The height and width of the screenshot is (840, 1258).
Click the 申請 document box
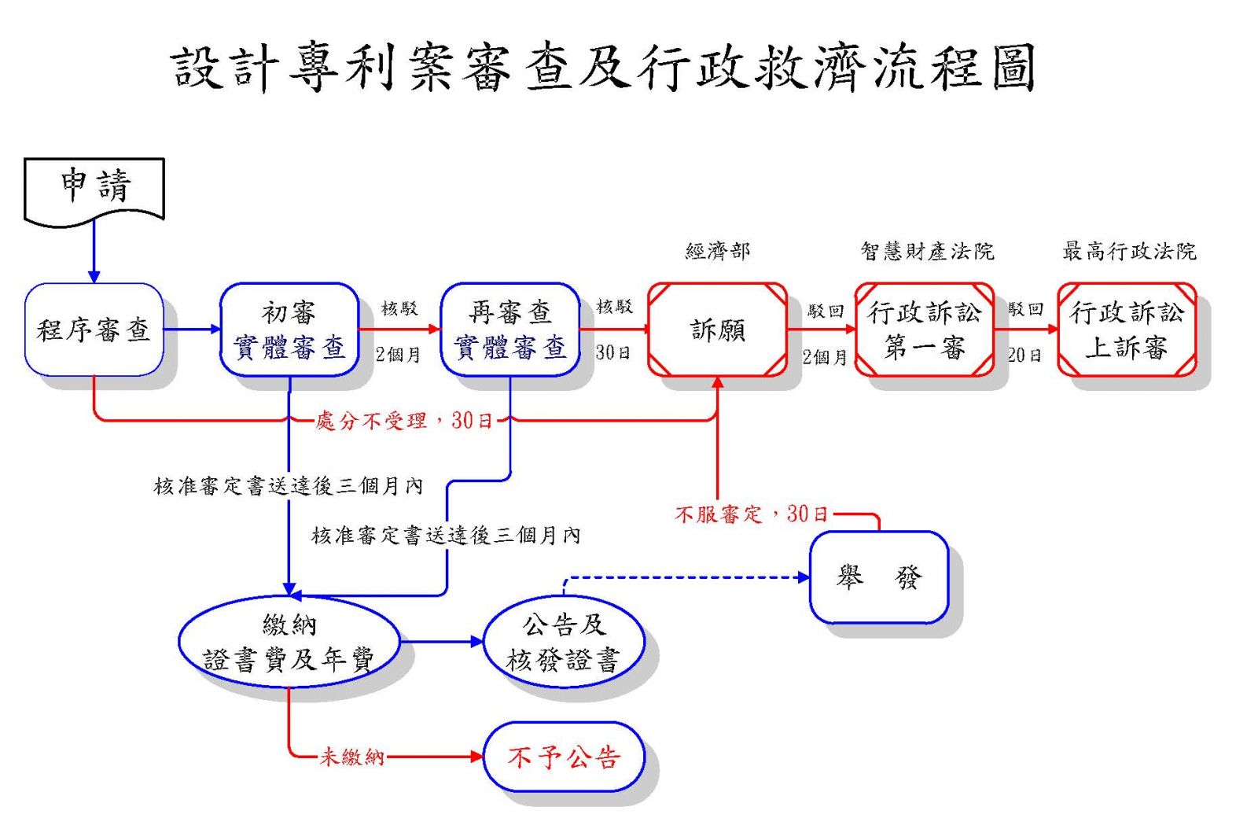[x=94, y=191]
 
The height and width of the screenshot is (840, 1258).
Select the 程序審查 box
[x=94, y=330]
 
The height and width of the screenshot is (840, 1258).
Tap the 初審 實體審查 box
[x=289, y=330]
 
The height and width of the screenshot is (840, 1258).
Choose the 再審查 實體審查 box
[x=510, y=330]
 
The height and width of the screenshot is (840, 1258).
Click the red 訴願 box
[x=717, y=330]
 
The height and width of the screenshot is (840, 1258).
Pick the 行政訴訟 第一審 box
[x=925, y=330]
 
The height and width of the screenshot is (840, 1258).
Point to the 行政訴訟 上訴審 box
[x=1127, y=330]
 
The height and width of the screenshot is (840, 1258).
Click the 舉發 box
[x=880, y=577]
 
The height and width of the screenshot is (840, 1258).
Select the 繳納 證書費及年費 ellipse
[x=289, y=642]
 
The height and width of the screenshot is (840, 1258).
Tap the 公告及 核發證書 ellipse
[x=564, y=642]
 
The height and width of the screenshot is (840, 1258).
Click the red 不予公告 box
[x=564, y=757]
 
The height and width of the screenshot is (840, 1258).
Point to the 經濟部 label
[x=718, y=251]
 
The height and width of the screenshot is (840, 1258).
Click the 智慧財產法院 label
[x=927, y=251]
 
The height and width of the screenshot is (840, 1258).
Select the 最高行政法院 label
[x=1129, y=251]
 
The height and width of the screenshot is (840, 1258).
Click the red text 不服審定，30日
[x=752, y=514]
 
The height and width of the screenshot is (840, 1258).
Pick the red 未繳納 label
[x=352, y=757]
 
